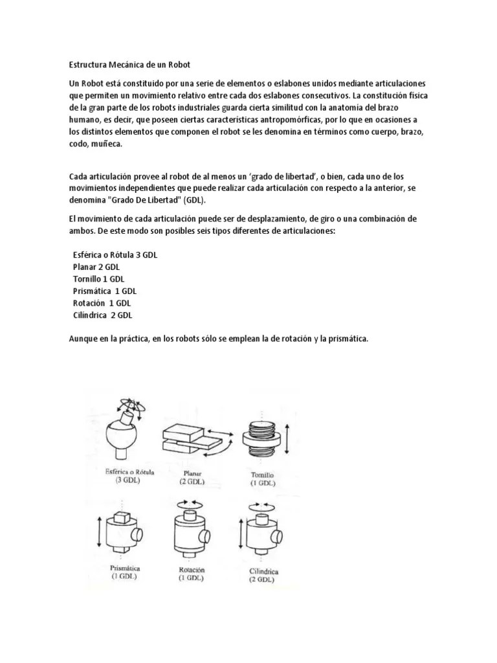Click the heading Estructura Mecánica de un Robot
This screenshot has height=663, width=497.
130,65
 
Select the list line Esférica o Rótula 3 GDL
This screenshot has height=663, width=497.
115,255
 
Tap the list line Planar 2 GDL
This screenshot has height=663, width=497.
96,267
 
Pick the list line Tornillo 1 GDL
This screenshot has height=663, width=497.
98,279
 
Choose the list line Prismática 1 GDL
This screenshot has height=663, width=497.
104,291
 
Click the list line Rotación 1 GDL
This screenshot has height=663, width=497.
102,303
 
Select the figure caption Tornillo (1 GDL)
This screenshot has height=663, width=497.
263,479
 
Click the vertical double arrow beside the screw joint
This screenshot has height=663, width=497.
287,436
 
